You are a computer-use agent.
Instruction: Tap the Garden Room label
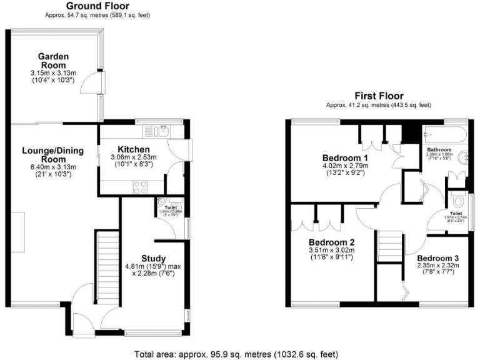tap(54, 61)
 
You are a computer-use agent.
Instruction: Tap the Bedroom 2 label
tap(331, 243)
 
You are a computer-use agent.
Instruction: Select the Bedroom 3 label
tap(438, 257)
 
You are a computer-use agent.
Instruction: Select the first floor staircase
tap(389, 246)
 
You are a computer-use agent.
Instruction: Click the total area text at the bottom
tap(239, 353)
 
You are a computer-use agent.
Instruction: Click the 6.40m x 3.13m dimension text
tap(49, 167)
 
